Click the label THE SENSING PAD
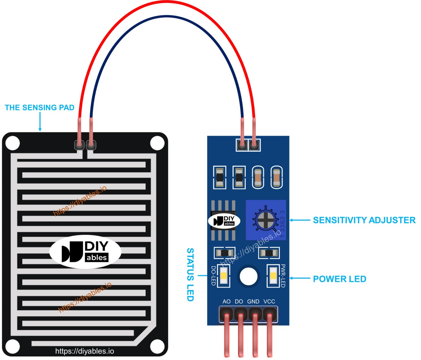coord(40,108)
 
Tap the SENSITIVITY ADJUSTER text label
coord(364,220)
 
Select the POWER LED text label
coord(339,279)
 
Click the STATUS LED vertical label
coord(190,274)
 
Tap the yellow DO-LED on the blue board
coord(224,276)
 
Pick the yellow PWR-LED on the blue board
coord(273,276)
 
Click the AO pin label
coord(227,302)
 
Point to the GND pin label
coord(253,302)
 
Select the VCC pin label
coord(269,302)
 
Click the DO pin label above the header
coord(239,302)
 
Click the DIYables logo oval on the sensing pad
coord(85,252)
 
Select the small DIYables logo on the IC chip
coord(224,221)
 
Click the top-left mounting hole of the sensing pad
coord(13,143)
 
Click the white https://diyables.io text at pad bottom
coord(84,351)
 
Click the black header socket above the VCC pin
coord(270,314)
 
